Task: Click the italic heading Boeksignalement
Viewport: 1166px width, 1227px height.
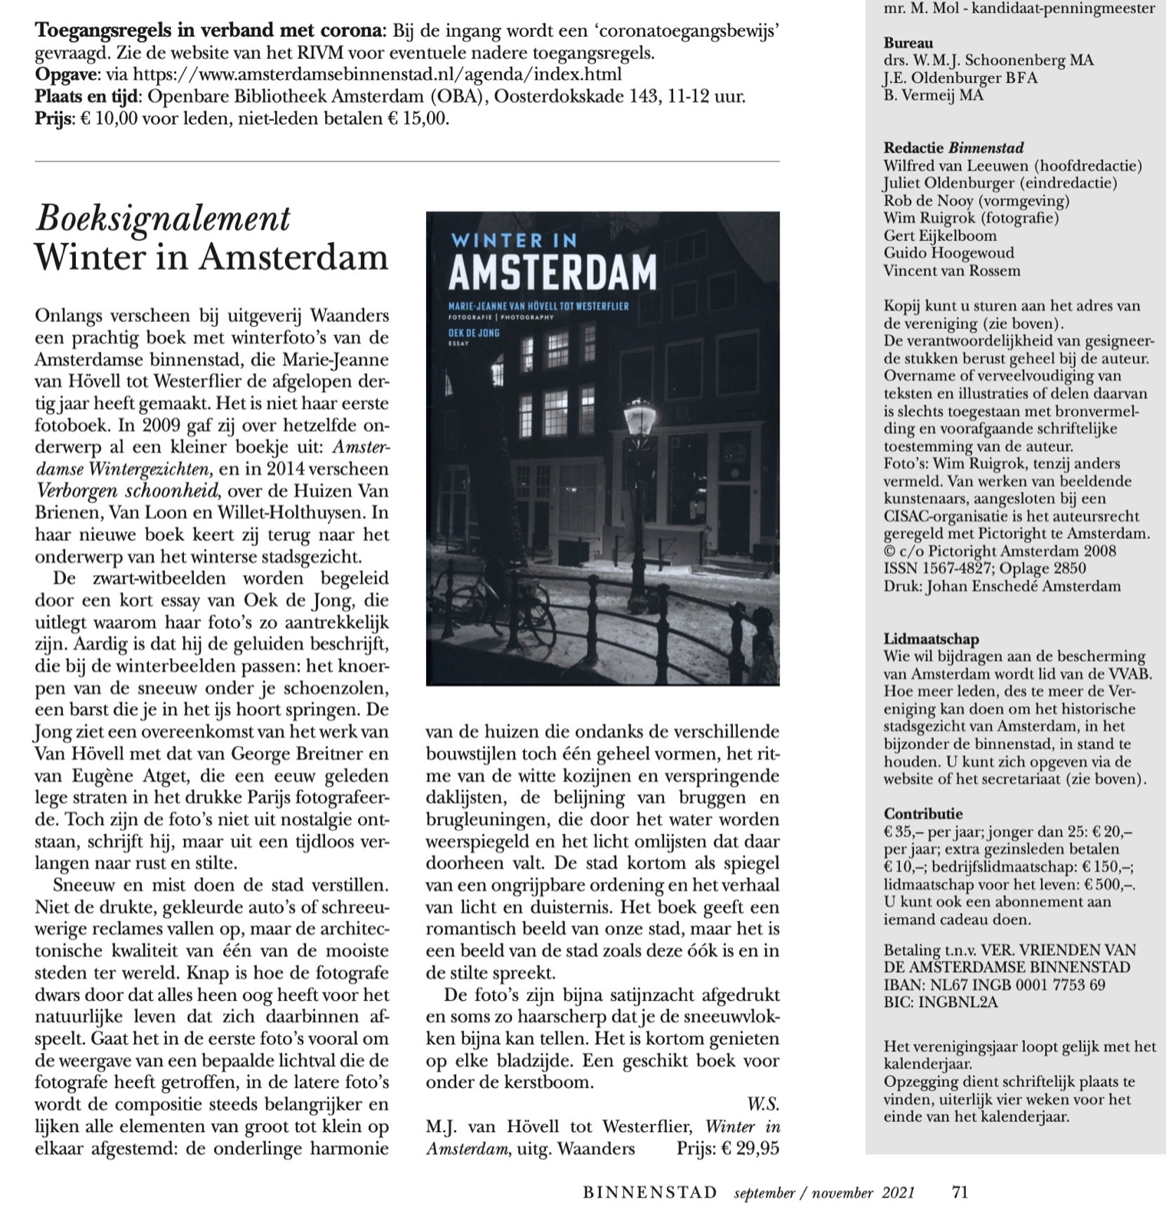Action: (x=163, y=219)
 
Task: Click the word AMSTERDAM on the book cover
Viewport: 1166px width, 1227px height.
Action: (x=552, y=272)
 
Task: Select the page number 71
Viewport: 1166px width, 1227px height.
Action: (x=960, y=1192)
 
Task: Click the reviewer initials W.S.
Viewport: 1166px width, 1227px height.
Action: (x=763, y=1104)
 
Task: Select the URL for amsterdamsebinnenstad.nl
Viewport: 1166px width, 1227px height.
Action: (x=377, y=74)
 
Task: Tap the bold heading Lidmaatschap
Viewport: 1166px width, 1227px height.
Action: (x=931, y=639)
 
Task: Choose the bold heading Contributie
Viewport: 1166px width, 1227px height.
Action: (x=925, y=814)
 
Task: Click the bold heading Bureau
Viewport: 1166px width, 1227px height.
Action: (x=908, y=43)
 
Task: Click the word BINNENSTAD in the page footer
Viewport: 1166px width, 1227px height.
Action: (x=650, y=1192)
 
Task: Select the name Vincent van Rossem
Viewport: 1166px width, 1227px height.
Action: (x=951, y=271)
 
